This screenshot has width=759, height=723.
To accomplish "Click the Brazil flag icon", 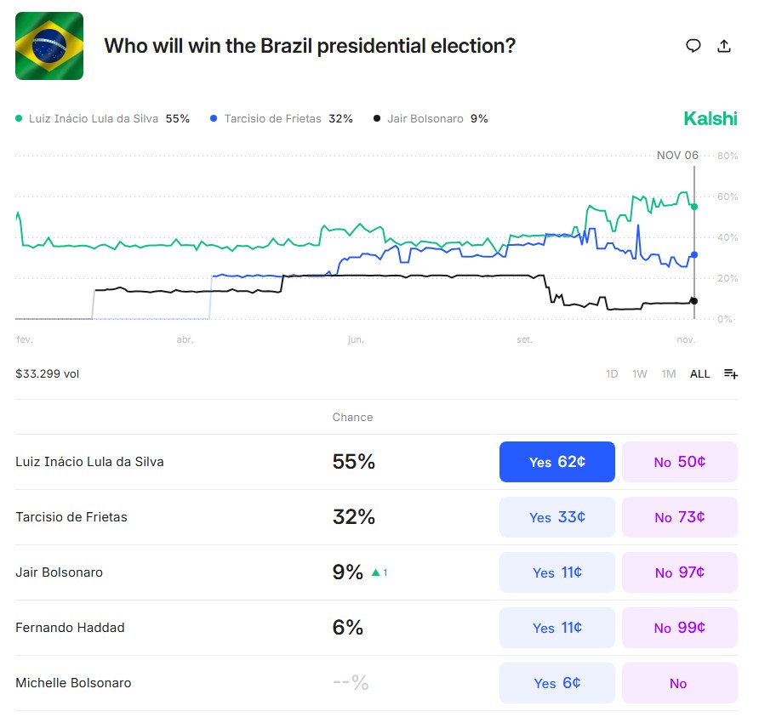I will click(49, 46).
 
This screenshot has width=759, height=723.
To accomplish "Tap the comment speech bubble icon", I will click(693, 46).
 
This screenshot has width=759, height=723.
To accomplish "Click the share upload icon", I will click(724, 46).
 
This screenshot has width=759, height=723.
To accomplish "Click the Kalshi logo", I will click(710, 119).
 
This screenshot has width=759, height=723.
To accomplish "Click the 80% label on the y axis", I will click(727, 156).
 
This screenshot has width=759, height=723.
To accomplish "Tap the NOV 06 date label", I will click(677, 155).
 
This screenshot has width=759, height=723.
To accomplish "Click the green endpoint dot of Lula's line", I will click(694, 207).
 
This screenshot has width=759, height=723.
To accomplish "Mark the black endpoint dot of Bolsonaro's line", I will click(694, 301).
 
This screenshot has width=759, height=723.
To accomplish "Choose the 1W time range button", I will click(640, 374).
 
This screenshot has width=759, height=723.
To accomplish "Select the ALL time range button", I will click(699, 374).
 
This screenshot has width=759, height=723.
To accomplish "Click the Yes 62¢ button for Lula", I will click(556, 462).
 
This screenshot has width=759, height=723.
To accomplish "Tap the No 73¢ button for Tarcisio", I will click(679, 517).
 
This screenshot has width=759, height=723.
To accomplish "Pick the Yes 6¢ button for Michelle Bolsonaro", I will click(556, 683).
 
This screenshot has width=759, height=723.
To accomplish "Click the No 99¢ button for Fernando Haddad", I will click(679, 628).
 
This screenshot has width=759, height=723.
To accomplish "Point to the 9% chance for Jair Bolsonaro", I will click(348, 572).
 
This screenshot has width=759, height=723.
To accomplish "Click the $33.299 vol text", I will click(48, 373).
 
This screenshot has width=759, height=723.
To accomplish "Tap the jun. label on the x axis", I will click(356, 339).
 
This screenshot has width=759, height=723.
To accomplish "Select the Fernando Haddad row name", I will click(70, 628).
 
